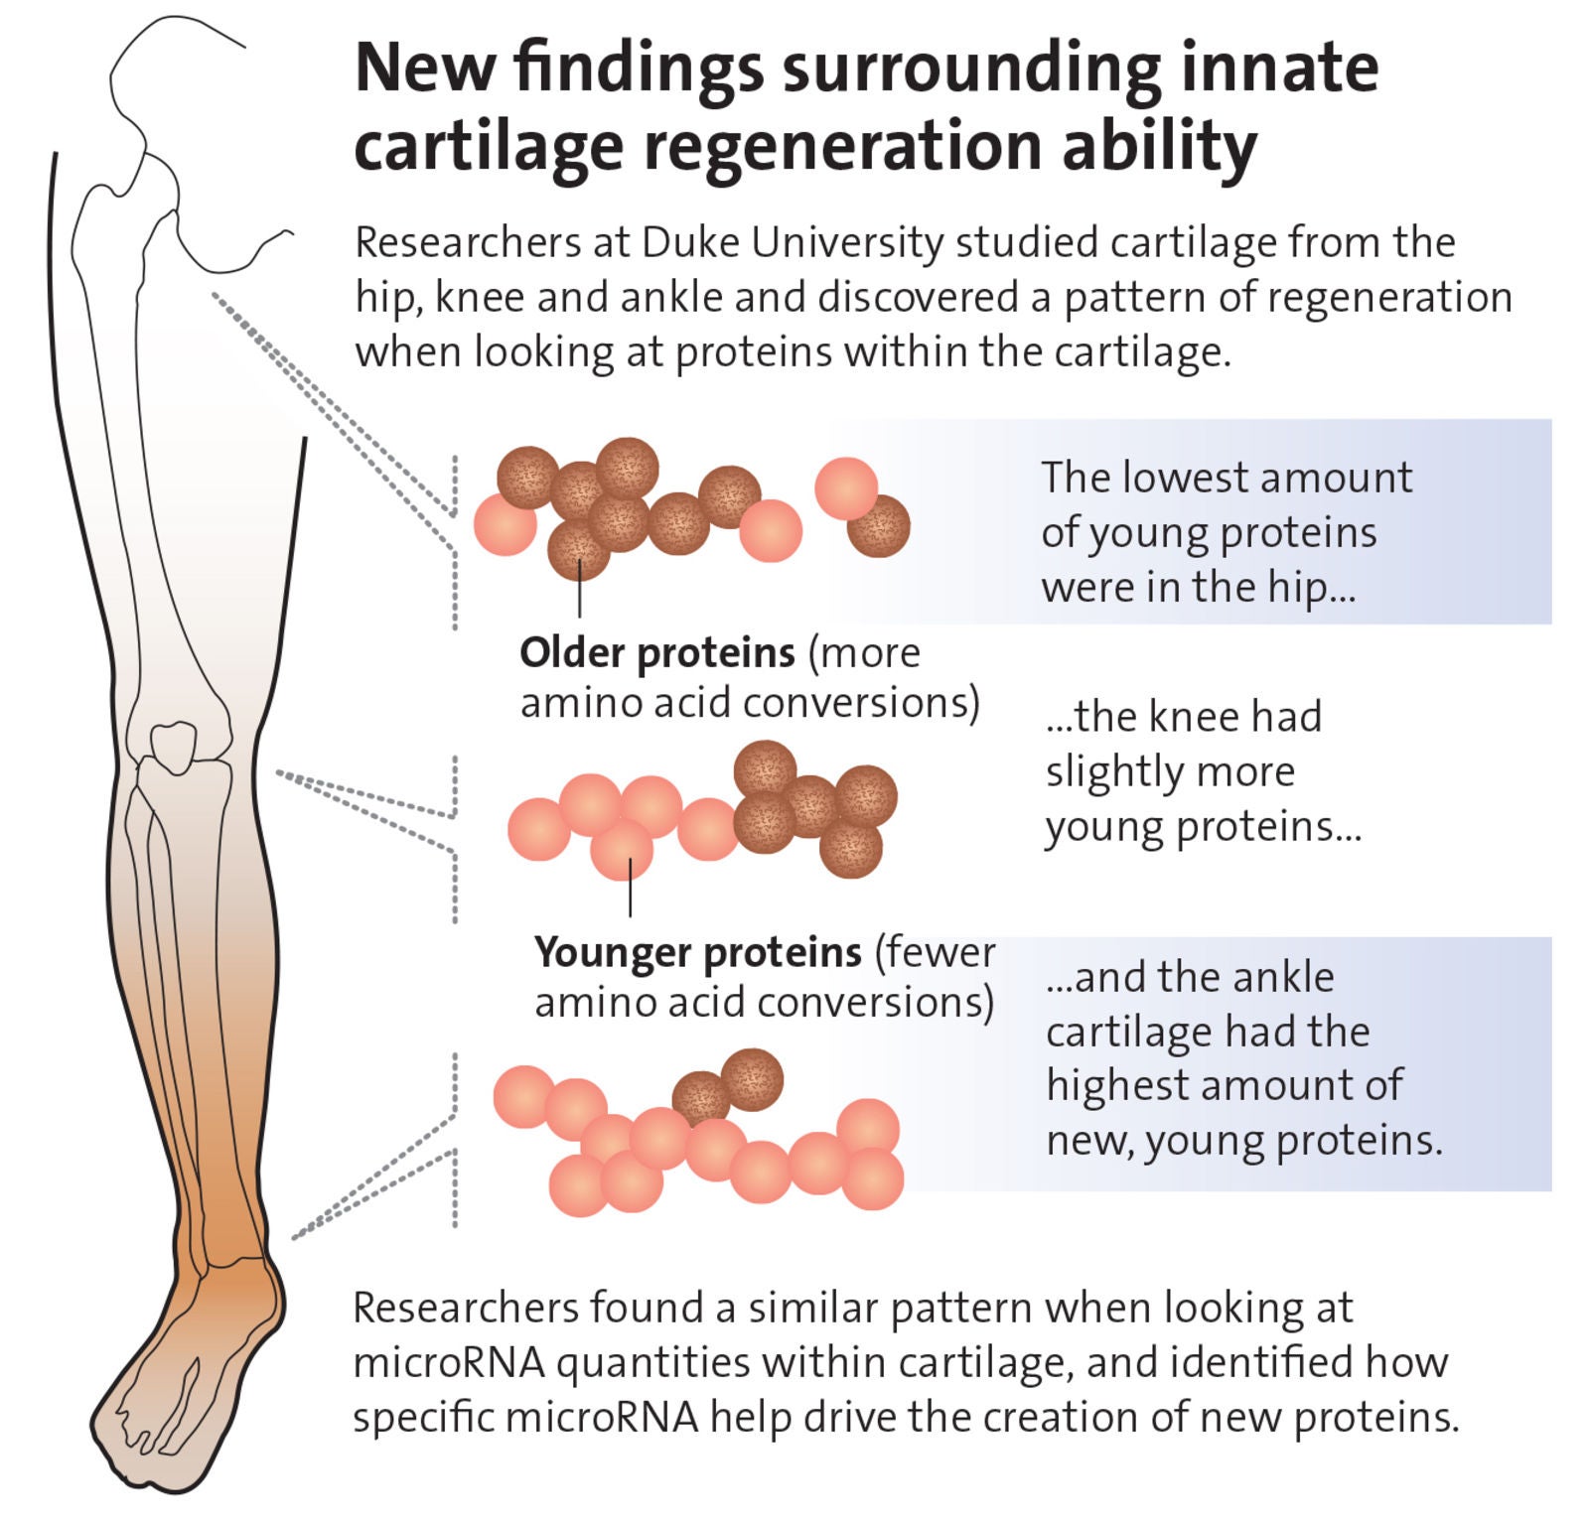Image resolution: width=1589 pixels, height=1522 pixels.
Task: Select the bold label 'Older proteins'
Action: point(656,652)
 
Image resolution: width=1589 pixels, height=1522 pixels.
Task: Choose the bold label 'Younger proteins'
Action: point(697,951)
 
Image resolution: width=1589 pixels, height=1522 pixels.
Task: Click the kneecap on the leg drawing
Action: point(174,745)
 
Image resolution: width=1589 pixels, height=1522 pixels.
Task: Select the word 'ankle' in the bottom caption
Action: point(1287,977)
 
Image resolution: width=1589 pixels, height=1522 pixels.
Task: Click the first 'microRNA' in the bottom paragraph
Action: point(449,1362)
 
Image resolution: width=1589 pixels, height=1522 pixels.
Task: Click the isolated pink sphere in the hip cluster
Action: point(845,487)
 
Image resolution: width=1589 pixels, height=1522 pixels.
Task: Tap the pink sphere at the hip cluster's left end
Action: point(505,524)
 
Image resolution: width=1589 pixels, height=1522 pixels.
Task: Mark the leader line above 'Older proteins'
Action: point(579,596)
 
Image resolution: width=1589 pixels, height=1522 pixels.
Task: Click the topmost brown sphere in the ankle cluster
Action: point(752,1079)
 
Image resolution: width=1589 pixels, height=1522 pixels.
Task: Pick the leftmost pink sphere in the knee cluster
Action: point(538,829)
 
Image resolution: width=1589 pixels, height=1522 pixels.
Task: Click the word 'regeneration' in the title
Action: point(842,147)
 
